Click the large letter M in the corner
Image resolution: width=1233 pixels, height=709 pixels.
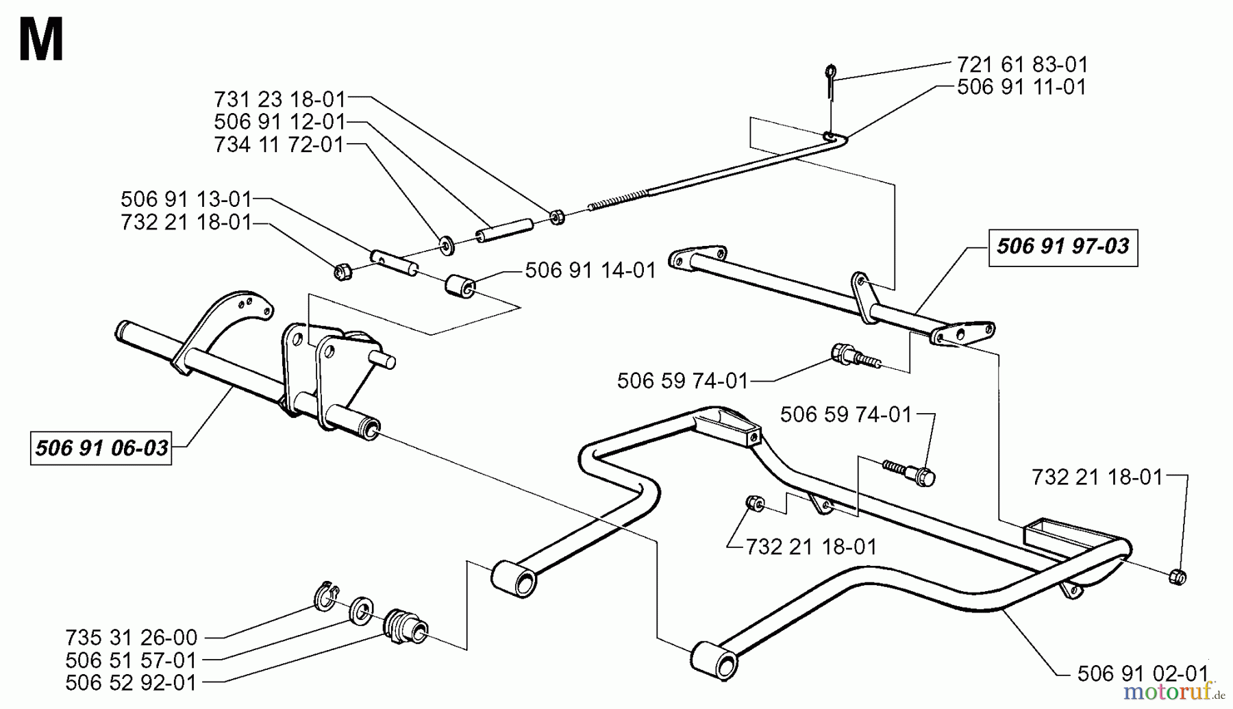(41, 41)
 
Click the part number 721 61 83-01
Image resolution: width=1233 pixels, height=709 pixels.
(1021, 65)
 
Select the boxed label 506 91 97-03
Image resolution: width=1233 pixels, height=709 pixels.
(1062, 247)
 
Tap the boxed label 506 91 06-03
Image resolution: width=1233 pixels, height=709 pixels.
(101, 449)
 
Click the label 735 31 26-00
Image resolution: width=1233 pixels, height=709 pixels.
(132, 638)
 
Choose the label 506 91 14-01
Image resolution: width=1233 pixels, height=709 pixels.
(590, 271)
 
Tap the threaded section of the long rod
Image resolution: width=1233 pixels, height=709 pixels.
(616, 200)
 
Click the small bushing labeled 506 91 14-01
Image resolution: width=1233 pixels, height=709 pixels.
(460, 286)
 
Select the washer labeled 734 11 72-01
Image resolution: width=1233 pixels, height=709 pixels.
(447, 244)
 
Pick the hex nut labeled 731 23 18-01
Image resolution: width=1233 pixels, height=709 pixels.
(557, 218)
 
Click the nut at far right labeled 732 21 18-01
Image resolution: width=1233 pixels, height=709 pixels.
(1178, 577)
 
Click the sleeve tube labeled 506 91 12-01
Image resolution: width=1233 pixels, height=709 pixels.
(505, 229)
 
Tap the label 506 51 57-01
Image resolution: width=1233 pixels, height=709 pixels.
(132, 660)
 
